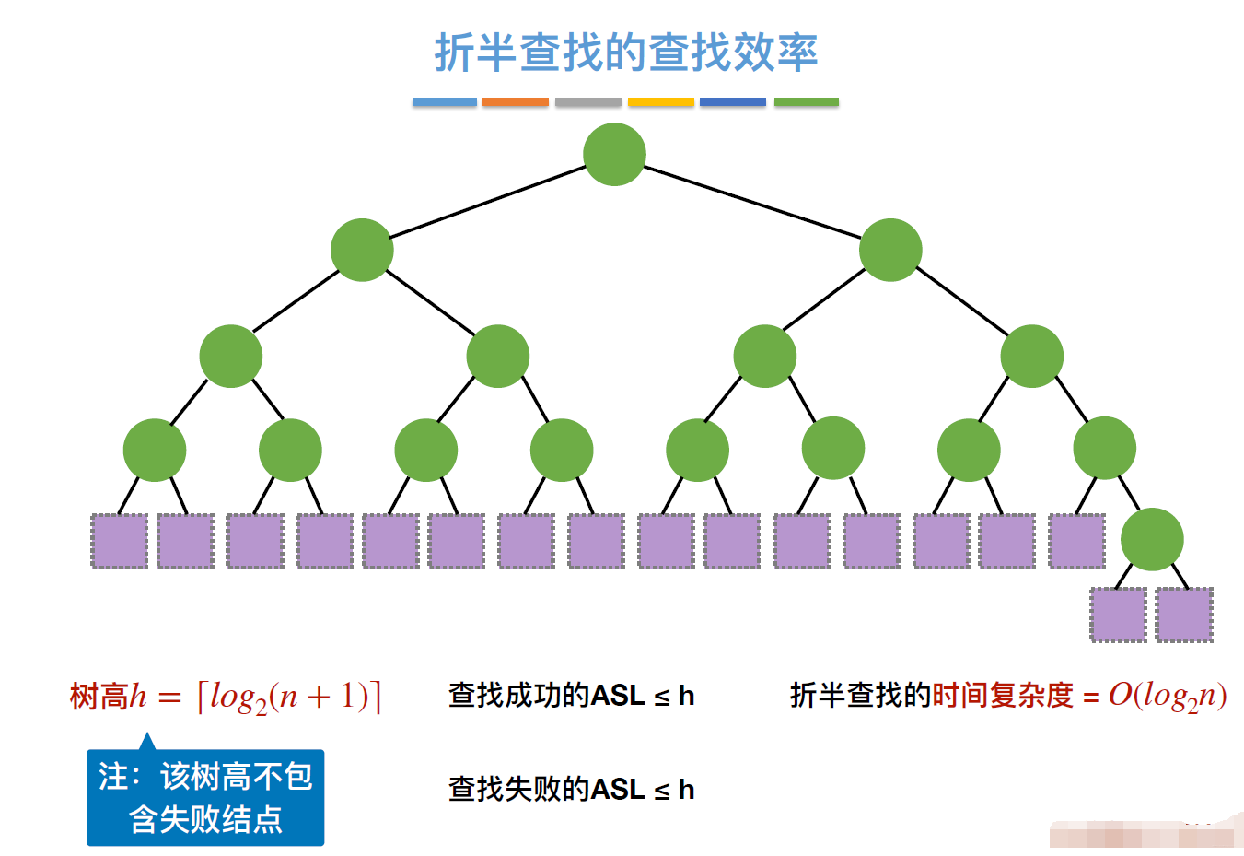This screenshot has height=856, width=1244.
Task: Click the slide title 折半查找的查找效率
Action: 626,53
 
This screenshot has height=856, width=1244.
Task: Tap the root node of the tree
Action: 614,154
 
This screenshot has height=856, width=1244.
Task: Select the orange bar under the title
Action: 515,102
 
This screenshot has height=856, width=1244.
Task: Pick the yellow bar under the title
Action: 660,102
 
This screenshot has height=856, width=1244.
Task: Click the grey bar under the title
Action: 587,102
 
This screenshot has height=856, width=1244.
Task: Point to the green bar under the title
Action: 806,102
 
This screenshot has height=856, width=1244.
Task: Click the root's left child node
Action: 362,250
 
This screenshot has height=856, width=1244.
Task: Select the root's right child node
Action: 889,250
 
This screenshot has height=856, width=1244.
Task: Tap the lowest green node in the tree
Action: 1152,539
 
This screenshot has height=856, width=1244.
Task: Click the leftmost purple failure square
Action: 120,541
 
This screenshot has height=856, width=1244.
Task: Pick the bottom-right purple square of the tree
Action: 1184,615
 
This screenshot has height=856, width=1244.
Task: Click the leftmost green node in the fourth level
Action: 155,450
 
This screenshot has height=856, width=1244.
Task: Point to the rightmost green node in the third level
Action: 1031,356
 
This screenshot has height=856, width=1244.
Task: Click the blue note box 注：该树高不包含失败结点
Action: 205,798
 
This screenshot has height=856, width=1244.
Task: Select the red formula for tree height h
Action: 226,696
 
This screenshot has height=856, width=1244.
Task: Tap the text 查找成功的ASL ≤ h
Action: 571,696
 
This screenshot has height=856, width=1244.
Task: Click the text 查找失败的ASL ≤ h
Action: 571,790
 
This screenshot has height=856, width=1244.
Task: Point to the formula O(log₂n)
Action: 1168,696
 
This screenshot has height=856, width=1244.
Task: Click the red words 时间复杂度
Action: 1003,696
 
